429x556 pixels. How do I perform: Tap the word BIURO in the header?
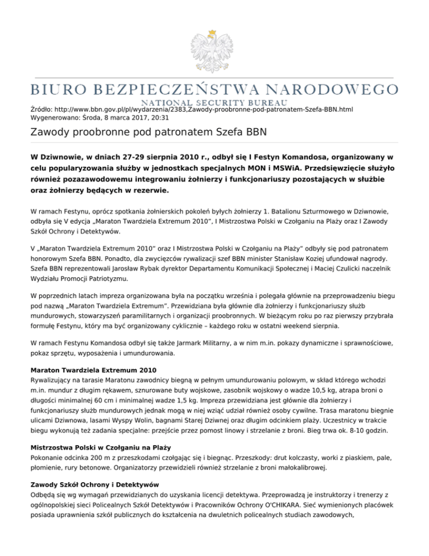click(56, 89)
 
